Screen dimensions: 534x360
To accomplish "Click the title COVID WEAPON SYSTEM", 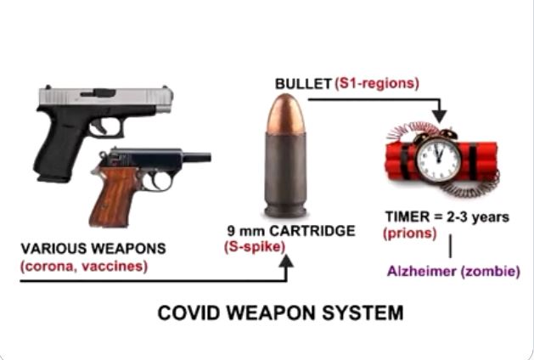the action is pyautogui.click(x=280, y=313).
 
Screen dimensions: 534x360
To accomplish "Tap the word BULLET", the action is pyautogui.click(x=302, y=84).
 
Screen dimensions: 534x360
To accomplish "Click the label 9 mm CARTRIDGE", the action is pyautogui.click(x=278, y=231).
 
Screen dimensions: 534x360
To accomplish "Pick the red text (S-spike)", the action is pyautogui.click(x=256, y=247).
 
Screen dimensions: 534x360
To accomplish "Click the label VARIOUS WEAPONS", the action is pyautogui.click(x=80, y=250).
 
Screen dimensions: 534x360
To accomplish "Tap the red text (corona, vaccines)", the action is pyautogui.click(x=82, y=267).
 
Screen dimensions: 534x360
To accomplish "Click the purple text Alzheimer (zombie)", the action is pyautogui.click(x=453, y=272).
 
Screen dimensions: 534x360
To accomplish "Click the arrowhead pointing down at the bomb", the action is pyautogui.click(x=439, y=115).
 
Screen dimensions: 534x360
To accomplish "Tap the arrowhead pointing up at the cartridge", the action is pyautogui.click(x=286, y=263).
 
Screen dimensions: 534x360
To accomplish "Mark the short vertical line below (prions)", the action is pyautogui.click(x=449, y=246).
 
